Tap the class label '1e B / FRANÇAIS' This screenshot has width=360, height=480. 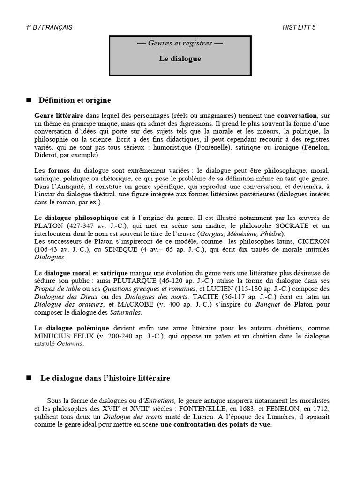pos(49,27)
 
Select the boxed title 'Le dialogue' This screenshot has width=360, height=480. pos(180,59)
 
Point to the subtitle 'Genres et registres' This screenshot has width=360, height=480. pos(180,43)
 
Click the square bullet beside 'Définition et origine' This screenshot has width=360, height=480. pos(29,100)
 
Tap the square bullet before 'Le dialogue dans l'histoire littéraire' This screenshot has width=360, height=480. pos(29,377)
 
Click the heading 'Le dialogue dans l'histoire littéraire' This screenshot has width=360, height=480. pos(105,377)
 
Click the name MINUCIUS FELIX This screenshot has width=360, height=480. pos(63,336)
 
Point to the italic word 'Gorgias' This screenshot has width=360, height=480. pos(211,233)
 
